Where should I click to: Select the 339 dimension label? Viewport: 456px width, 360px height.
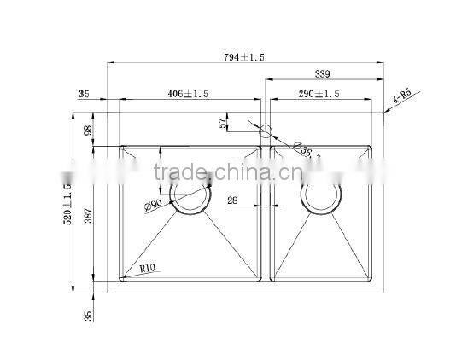point(322,74)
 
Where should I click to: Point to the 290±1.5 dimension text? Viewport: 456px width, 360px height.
point(319,93)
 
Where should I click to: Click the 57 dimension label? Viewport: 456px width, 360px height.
point(225,123)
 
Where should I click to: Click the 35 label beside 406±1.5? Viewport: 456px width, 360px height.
point(83,93)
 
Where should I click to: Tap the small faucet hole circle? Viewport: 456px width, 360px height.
point(264,132)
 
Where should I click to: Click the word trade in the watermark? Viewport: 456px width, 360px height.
point(178,173)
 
